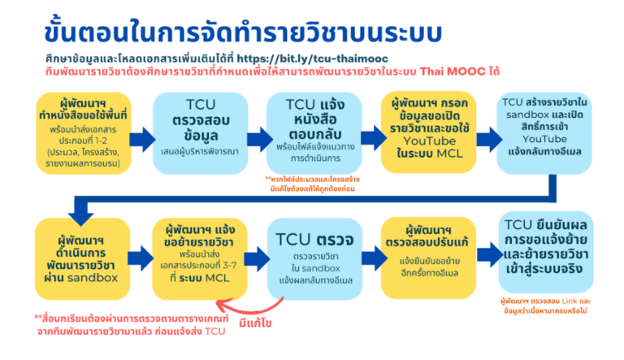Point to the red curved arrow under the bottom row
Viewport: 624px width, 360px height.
coord(244,307)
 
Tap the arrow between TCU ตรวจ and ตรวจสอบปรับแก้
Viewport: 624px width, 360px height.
coord(367,254)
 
